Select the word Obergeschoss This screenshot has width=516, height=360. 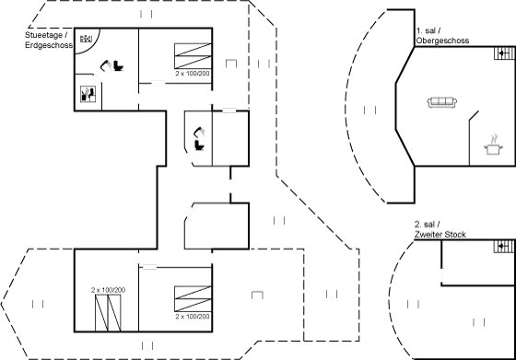tap(442, 41)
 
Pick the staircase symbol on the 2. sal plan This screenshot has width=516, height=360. tap(502, 247)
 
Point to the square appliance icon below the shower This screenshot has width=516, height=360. tap(89, 93)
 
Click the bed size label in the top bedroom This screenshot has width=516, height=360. tap(192, 70)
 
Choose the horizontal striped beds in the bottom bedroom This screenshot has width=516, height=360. tap(193, 296)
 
